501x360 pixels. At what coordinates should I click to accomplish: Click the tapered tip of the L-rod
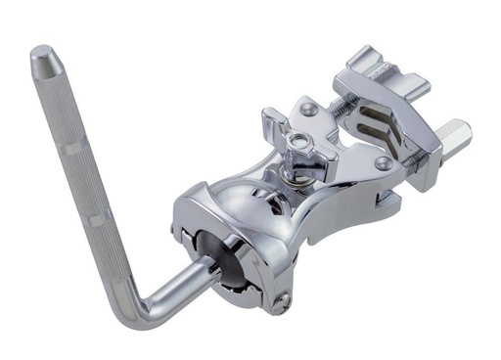point(43,57)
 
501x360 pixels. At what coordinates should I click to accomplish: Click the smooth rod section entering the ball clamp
point(186,280)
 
